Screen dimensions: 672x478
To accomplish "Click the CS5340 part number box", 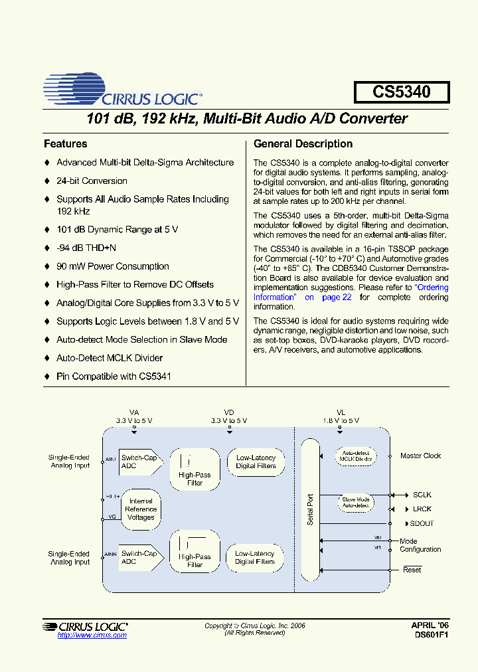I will [x=401, y=92].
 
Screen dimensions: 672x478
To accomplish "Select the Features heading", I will [x=65, y=143].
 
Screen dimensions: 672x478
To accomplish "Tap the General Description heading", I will [x=303, y=143].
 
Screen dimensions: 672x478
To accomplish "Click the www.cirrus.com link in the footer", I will [x=92, y=635].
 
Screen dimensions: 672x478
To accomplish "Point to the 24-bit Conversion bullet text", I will [x=92, y=181].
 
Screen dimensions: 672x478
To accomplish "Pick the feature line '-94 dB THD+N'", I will [x=86, y=248].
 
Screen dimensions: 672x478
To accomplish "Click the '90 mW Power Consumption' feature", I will [x=112, y=266].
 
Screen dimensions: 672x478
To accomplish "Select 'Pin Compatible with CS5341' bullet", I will [x=114, y=376].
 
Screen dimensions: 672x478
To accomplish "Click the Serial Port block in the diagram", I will [x=310, y=509].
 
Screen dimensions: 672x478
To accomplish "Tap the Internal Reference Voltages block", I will [x=141, y=509].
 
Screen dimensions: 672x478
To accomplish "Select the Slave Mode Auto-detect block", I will [x=356, y=503].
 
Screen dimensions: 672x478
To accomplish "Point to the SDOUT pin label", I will [x=423, y=523].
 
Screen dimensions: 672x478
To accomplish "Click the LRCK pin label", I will [x=422, y=509].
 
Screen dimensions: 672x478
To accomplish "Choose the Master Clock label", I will [x=420, y=456].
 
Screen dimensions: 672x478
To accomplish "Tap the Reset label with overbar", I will [x=412, y=570].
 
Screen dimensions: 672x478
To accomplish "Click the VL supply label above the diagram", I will [x=341, y=412].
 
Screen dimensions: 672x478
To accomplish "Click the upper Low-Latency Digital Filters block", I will [x=256, y=462].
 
